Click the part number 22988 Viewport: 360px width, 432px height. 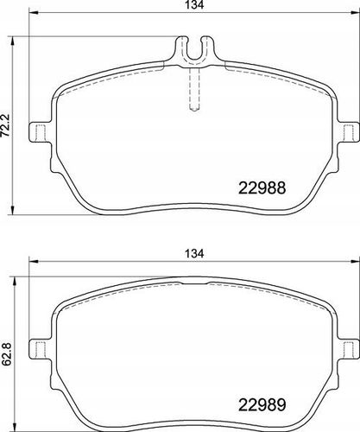coord(262,188)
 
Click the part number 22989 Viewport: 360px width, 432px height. coord(262,405)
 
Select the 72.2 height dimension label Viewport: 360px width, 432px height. coord(6,125)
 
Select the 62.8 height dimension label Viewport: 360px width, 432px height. coord(6,354)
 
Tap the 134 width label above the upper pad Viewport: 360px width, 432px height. coord(194,5)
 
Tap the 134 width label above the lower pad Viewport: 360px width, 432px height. coord(194,253)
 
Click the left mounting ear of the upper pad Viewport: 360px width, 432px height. coord(41,132)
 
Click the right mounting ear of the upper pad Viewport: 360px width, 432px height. coord(348,132)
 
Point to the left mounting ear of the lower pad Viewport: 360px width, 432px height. coord(41,349)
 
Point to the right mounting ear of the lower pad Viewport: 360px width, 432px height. coord(348,349)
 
